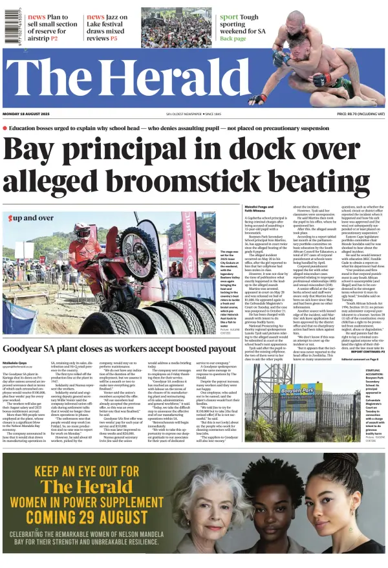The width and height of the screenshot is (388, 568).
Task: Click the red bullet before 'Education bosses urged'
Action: (5, 128)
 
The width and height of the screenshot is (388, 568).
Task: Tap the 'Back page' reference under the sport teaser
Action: (233, 38)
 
